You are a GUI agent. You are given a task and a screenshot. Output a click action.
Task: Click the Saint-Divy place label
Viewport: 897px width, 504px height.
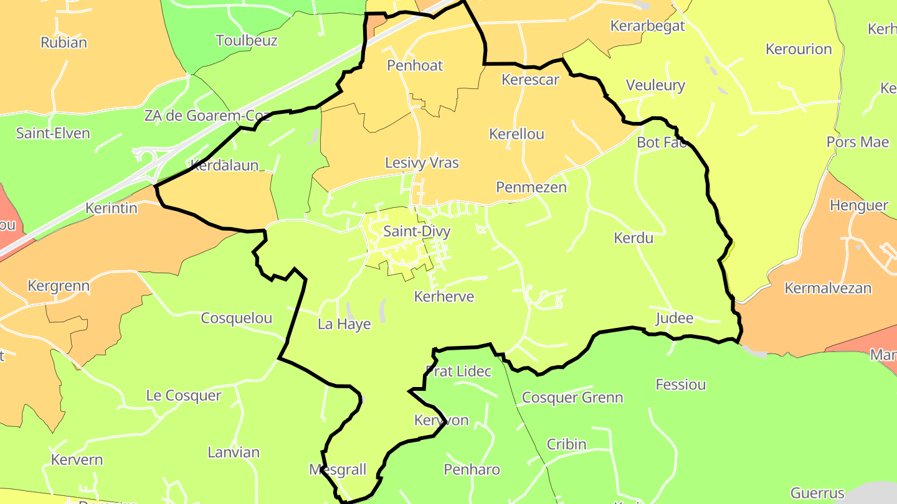(x=416, y=231)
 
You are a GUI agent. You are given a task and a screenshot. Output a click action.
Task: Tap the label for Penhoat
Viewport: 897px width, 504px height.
(x=415, y=65)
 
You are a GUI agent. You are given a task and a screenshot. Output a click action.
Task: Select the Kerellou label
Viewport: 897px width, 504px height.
(x=516, y=134)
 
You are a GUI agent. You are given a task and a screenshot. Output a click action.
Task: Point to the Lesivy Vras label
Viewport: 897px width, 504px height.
(x=422, y=163)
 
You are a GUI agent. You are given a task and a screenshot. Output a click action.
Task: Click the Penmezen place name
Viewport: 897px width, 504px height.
(x=531, y=187)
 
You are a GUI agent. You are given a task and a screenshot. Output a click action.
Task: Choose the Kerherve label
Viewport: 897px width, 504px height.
(x=444, y=297)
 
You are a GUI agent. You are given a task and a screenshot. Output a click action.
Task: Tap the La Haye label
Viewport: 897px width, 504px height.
(x=344, y=324)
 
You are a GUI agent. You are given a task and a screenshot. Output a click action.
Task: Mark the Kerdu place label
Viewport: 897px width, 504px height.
(x=634, y=238)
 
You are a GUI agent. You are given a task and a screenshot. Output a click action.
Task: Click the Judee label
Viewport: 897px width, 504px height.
(x=674, y=319)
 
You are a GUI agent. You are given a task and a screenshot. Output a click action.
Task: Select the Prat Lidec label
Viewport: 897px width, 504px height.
(x=458, y=371)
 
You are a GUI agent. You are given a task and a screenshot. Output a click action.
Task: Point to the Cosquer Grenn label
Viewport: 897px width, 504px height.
(x=572, y=398)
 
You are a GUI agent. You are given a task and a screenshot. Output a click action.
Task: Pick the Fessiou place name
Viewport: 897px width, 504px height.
(x=681, y=385)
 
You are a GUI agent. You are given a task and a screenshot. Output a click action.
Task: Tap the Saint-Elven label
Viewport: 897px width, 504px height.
(x=53, y=133)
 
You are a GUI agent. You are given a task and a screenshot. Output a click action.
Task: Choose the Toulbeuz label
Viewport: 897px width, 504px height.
(x=246, y=41)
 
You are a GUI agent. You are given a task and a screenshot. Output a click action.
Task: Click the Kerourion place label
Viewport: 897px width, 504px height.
(x=799, y=49)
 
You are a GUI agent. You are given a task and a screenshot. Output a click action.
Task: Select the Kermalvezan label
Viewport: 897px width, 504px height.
(x=828, y=289)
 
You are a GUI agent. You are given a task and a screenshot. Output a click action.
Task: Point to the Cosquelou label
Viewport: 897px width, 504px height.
(x=236, y=319)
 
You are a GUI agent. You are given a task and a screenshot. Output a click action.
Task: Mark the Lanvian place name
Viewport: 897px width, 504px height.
(x=233, y=452)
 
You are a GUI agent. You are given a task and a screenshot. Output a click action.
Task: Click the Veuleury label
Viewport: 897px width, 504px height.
(x=655, y=85)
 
